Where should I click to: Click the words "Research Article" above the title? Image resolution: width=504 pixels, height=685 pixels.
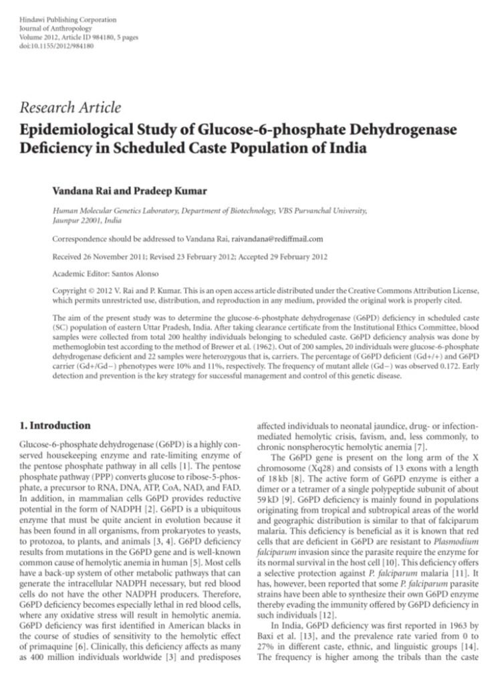pyautogui.click(x=71, y=108)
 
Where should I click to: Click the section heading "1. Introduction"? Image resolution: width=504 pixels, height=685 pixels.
pyautogui.click(x=55, y=425)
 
